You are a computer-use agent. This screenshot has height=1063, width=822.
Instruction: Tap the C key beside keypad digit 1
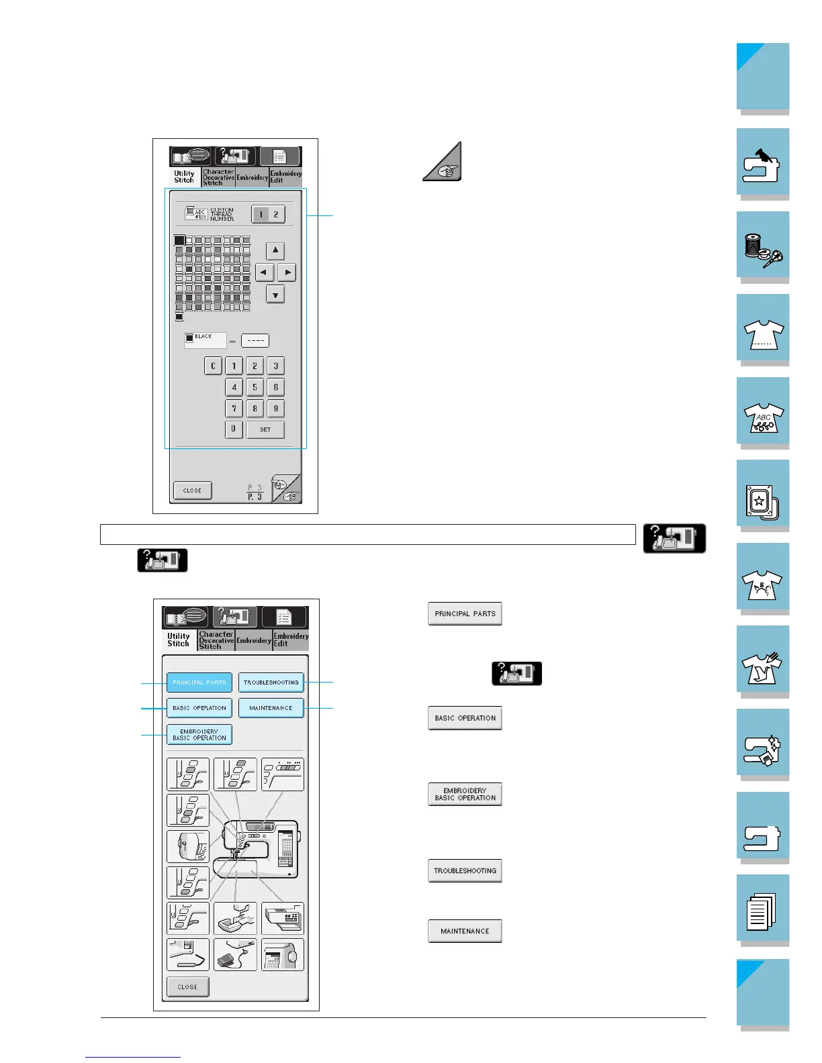point(213,366)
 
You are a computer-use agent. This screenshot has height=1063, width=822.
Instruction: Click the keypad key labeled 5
point(255,387)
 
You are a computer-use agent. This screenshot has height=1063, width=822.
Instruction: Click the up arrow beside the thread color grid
point(275,250)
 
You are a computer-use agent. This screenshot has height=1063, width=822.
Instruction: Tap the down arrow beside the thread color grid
point(275,294)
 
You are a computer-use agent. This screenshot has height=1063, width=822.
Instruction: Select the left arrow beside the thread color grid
point(265,272)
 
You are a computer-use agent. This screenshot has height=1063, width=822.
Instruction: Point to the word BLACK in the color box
point(203,337)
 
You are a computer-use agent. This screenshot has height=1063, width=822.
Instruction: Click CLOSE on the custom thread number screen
point(192,491)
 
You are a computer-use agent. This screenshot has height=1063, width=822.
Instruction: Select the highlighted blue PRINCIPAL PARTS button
point(199,682)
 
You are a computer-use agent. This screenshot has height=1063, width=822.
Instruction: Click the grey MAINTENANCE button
point(465,931)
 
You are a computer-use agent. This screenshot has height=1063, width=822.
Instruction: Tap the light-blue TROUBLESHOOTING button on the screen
point(271,682)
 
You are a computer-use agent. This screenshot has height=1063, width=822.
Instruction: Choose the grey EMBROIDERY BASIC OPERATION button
point(465,794)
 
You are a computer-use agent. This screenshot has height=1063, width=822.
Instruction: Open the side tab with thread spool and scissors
point(763,246)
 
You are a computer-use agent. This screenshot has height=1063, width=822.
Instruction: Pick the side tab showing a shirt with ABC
point(763,411)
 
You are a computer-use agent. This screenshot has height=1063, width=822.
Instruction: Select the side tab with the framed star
point(763,495)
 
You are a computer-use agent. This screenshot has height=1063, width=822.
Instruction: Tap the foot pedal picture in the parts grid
point(235,954)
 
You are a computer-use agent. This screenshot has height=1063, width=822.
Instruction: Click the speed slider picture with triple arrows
point(282,774)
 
